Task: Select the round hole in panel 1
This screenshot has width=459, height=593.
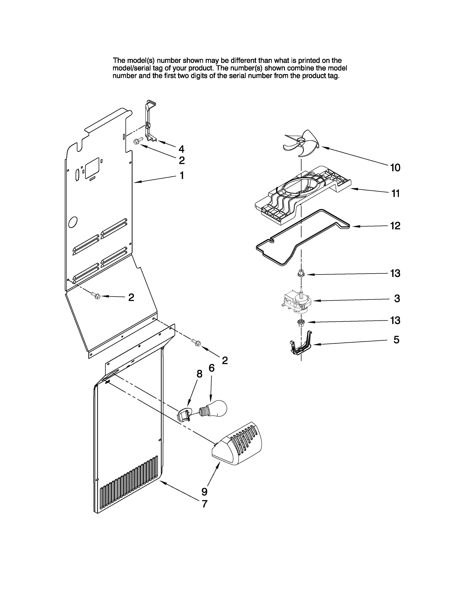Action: (73, 222)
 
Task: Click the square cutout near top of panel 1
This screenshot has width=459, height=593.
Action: (92, 168)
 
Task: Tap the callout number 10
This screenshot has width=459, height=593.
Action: (395, 168)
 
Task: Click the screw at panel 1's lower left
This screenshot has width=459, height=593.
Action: (96, 295)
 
